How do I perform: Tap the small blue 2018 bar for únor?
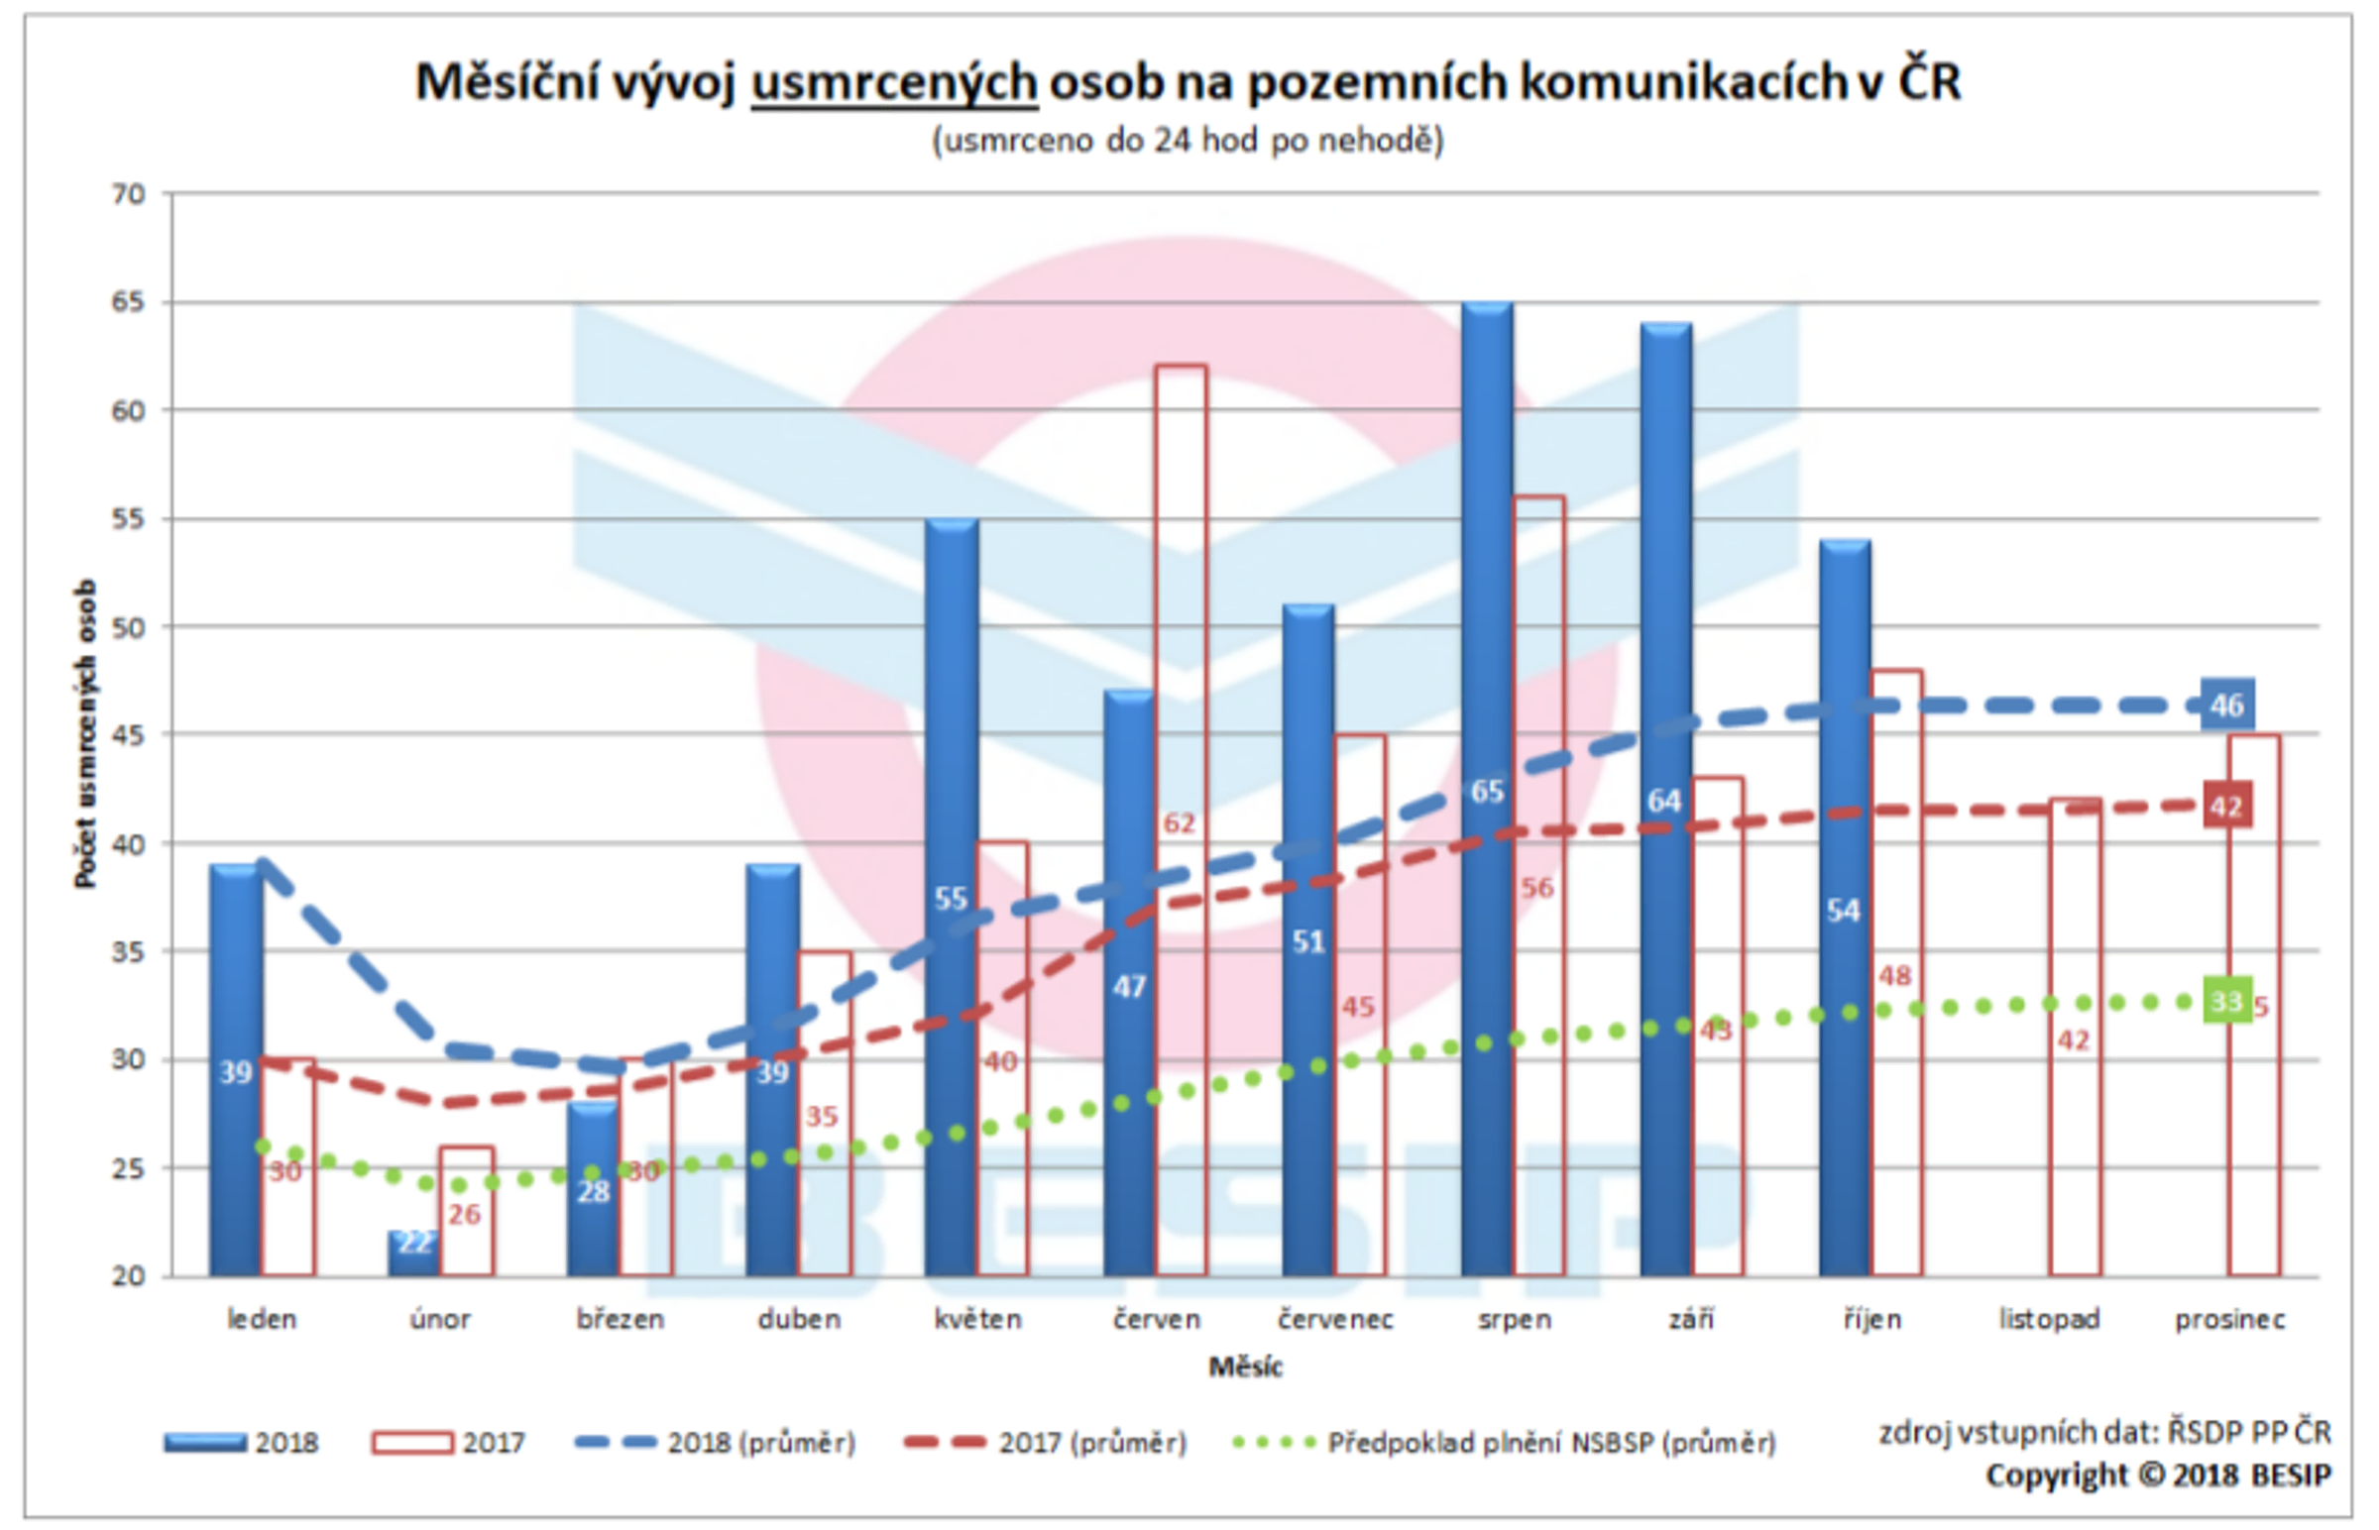coord(413,1254)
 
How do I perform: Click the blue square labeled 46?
coord(2227,706)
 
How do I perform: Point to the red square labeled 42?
coord(2227,806)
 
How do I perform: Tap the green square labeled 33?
coord(2227,1002)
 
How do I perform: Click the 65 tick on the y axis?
coord(128,302)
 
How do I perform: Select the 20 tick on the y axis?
coord(128,1275)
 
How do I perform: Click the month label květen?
coord(977,1319)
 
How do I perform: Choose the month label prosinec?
coord(2230,1319)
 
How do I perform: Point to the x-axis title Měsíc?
coord(1245,1367)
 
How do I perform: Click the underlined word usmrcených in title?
coord(894,81)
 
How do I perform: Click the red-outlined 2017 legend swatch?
coord(411,1443)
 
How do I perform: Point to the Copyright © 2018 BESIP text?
coord(2157,1476)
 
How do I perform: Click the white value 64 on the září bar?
coord(1664,801)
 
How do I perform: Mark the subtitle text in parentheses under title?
coord(1188,140)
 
